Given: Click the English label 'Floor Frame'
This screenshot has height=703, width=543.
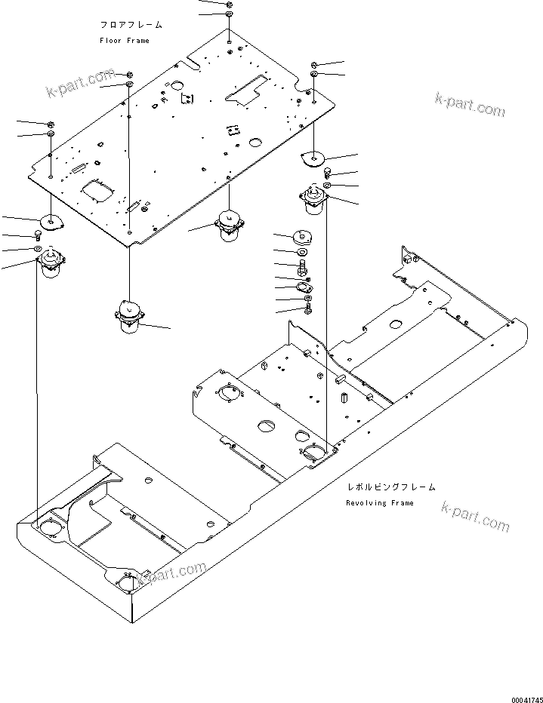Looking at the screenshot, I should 125,41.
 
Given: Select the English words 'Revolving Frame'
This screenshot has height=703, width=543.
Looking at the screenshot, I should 380,503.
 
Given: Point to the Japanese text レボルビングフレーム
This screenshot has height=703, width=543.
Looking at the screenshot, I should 390,488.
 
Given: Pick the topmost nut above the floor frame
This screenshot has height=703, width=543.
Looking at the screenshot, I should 229,5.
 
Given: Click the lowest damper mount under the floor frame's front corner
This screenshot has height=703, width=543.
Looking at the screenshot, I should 128,317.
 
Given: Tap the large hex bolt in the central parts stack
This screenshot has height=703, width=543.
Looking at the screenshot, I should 302,267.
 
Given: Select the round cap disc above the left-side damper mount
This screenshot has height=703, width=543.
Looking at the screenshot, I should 52,222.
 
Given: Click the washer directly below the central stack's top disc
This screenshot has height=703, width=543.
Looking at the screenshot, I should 301,252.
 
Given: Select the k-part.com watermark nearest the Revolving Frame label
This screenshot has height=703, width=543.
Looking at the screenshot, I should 475,517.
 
